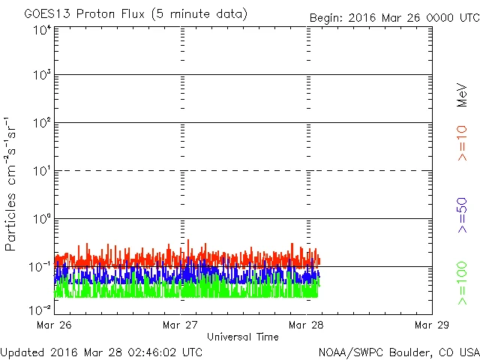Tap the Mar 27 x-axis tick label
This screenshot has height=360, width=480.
181,325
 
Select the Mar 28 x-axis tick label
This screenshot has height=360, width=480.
307,325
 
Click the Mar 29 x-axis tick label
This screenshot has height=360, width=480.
431,325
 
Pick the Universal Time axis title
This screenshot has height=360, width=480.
243,337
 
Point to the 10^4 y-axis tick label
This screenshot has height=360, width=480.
42,30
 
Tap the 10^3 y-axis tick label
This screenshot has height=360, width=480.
42,75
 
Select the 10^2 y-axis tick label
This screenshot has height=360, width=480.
42,123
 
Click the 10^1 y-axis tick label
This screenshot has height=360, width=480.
42,171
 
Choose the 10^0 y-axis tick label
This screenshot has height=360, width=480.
42,219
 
